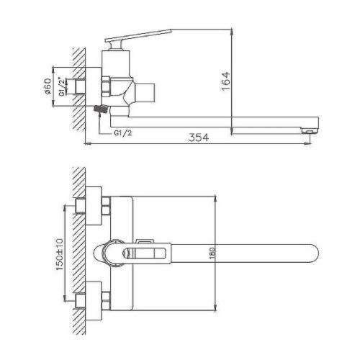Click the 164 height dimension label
(x=226, y=81)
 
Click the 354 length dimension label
(x=199, y=138)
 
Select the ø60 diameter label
(x=48, y=86)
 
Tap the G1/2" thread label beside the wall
(x=62, y=86)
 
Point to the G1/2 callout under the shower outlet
(x=123, y=132)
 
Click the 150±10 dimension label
(x=60, y=254)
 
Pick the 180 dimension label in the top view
(x=212, y=253)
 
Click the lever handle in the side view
(x=138, y=36)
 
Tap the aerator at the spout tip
(x=310, y=130)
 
